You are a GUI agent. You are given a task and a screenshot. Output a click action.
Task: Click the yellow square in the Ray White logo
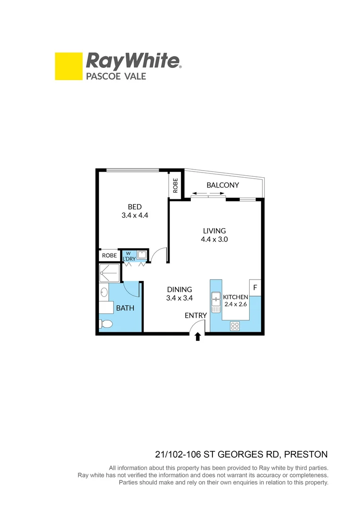(69, 66)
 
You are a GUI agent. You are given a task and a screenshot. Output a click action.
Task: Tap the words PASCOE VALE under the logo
(115, 76)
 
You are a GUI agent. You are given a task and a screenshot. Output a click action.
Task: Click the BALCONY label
(222, 185)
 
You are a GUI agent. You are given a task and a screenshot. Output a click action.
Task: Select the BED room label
(135, 206)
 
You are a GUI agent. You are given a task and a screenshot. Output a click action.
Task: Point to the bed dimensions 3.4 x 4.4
(135, 215)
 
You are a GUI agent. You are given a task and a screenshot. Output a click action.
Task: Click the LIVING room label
(214, 231)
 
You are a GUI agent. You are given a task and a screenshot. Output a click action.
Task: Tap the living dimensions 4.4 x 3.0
(214, 239)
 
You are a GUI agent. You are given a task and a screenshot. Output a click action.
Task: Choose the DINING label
(179, 289)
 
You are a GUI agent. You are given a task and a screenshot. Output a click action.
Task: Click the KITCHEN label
(235, 297)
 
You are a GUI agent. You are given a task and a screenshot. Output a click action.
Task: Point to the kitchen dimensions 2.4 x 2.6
(235, 305)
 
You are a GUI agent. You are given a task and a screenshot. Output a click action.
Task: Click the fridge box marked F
(255, 287)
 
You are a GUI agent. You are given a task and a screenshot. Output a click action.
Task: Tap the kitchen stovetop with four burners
(234, 325)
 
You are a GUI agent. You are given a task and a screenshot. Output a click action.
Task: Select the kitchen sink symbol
(216, 302)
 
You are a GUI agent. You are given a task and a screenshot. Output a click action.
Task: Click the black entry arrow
(197, 337)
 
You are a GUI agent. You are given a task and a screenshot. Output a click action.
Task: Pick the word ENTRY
(196, 315)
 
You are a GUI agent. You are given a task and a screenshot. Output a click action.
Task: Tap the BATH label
(125, 308)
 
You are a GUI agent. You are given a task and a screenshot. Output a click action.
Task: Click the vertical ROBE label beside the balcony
(176, 185)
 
